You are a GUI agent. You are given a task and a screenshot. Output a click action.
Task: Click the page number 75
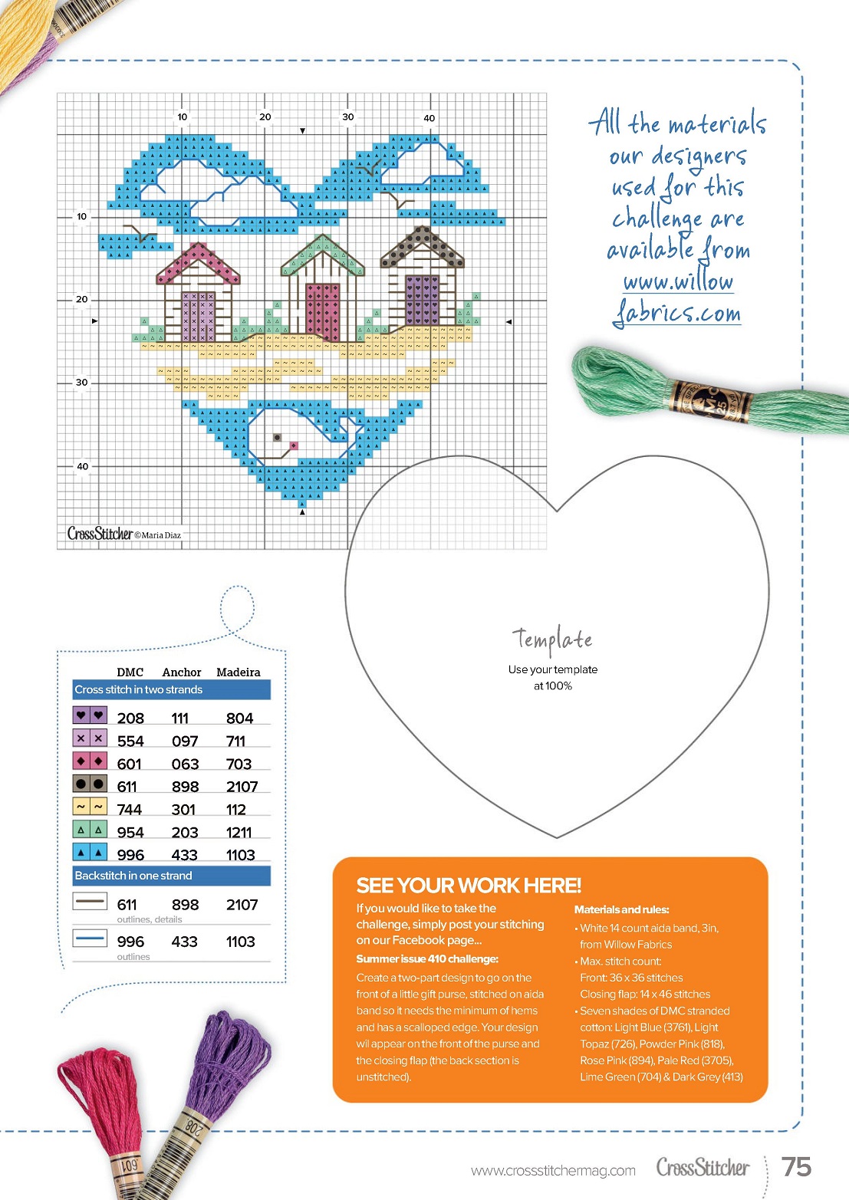[x=796, y=1166]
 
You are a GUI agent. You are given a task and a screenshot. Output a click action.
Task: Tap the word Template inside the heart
[x=552, y=639]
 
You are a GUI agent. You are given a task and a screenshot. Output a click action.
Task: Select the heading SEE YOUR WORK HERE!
[x=469, y=886]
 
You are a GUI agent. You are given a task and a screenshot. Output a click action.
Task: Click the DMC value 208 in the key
[x=130, y=718]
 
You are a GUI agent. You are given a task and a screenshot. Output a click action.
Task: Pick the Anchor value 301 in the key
[x=183, y=810]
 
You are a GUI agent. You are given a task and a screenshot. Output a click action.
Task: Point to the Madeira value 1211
[x=239, y=833]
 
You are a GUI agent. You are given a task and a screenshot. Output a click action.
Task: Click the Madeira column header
[x=238, y=672]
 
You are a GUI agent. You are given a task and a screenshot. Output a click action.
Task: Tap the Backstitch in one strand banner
[x=133, y=876]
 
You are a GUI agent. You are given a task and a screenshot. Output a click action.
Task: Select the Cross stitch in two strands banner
[x=139, y=690]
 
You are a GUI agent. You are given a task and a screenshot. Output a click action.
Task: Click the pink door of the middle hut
[x=323, y=311]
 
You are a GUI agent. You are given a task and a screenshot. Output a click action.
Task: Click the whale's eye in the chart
[x=278, y=438]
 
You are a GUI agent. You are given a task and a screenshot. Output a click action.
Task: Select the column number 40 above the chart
[x=429, y=118]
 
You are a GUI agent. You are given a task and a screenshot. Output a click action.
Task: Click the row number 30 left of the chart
[x=81, y=382]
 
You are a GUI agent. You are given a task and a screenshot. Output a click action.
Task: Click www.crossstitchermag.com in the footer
[x=553, y=1170]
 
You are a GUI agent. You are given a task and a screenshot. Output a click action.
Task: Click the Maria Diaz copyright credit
[x=158, y=535]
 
